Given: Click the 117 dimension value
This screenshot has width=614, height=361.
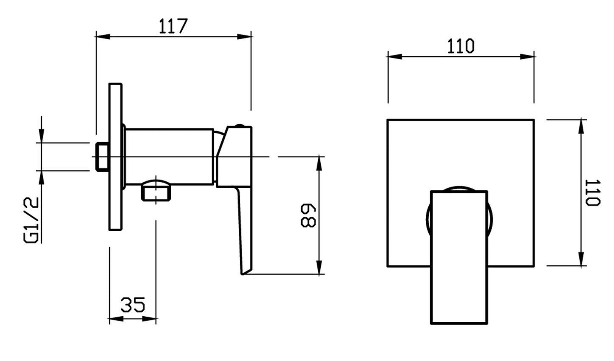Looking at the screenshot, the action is click(x=173, y=26).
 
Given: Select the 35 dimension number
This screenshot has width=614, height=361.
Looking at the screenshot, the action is click(x=133, y=305).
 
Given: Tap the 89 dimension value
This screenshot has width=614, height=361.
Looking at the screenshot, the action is click(x=308, y=215).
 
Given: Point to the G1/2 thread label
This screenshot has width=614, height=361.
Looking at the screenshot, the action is click(x=31, y=220).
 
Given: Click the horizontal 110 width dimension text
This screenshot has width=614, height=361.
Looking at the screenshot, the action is click(x=461, y=46).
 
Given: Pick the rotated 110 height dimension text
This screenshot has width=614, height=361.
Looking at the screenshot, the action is click(x=593, y=192).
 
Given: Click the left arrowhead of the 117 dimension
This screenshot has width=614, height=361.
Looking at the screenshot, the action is click(x=103, y=37).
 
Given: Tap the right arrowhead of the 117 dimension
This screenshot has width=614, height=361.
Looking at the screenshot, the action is click(x=244, y=37).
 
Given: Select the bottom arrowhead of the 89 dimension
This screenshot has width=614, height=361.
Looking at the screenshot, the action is click(x=319, y=267).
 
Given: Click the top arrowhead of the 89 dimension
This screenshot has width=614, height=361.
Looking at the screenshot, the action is click(x=319, y=163).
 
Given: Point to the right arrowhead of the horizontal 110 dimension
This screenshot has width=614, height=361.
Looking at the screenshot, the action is click(x=527, y=57).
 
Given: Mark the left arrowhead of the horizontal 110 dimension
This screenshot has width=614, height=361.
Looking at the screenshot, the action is click(x=395, y=57).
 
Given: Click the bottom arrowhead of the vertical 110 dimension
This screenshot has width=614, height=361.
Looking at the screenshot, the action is click(x=581, y=259).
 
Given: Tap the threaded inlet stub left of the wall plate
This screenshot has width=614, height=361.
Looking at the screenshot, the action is click(x=102, y=157).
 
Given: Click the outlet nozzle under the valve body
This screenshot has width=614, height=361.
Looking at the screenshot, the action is click(x=156, y=190).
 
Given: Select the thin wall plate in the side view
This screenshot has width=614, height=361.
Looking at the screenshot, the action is click(x=116, y=157).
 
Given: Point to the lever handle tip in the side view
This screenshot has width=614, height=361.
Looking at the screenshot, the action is click(x=243, y=273).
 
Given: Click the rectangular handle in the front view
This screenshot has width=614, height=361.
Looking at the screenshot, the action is click(x=459, y=257).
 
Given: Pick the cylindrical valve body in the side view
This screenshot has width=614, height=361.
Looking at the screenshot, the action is click(x=169, y=157).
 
